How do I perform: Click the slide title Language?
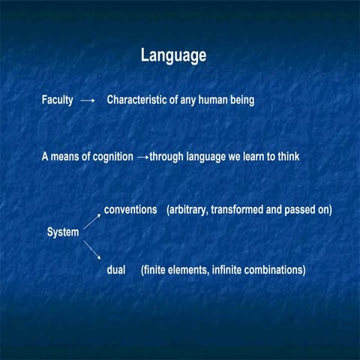point(173,55)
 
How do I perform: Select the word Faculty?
point(57,100)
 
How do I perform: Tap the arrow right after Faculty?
point(88,100)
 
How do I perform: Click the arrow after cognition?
point(143,158)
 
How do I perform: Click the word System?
point(63,232)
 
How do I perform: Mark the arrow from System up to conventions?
point(91,219)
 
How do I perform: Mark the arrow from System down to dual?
point(91,250)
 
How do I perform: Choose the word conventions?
point(130,209)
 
